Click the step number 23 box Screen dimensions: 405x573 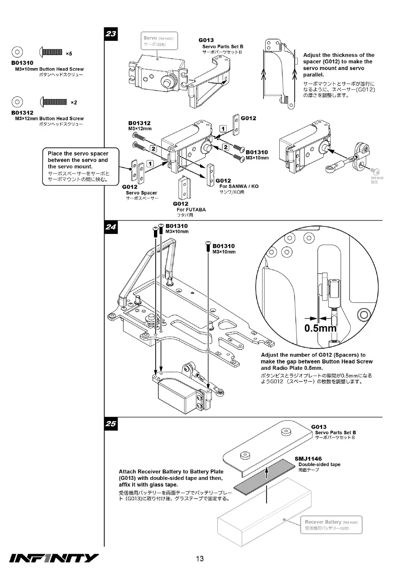click(111, 34)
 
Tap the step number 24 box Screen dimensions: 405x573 click(111, 227)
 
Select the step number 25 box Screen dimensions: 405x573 click(111, 424)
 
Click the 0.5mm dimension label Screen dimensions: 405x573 click(320, 328)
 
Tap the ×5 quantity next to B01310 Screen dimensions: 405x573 click(69, 53)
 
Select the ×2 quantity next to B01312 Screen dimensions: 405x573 click(74, 102)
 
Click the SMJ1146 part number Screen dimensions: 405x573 click(308, 459)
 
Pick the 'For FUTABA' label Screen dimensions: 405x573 click(191, 209)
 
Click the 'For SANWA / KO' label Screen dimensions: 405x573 click(239, 186)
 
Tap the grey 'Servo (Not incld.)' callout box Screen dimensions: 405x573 click(159, 41)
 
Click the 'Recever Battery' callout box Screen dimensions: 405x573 click(332, 525)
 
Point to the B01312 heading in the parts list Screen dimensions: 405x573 click(22, 113)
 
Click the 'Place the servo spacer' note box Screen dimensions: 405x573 click(80, 167)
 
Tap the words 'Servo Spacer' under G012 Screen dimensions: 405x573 click(142, 193)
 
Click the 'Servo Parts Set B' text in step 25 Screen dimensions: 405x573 click(336, 432)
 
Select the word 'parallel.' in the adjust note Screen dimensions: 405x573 click(314, 75)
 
